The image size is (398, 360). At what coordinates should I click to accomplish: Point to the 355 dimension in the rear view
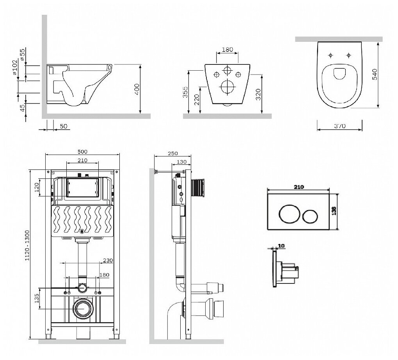(186, 92)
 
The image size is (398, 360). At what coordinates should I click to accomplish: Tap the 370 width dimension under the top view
(340, 126)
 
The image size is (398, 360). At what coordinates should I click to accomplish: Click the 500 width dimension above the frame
(82, 151)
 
